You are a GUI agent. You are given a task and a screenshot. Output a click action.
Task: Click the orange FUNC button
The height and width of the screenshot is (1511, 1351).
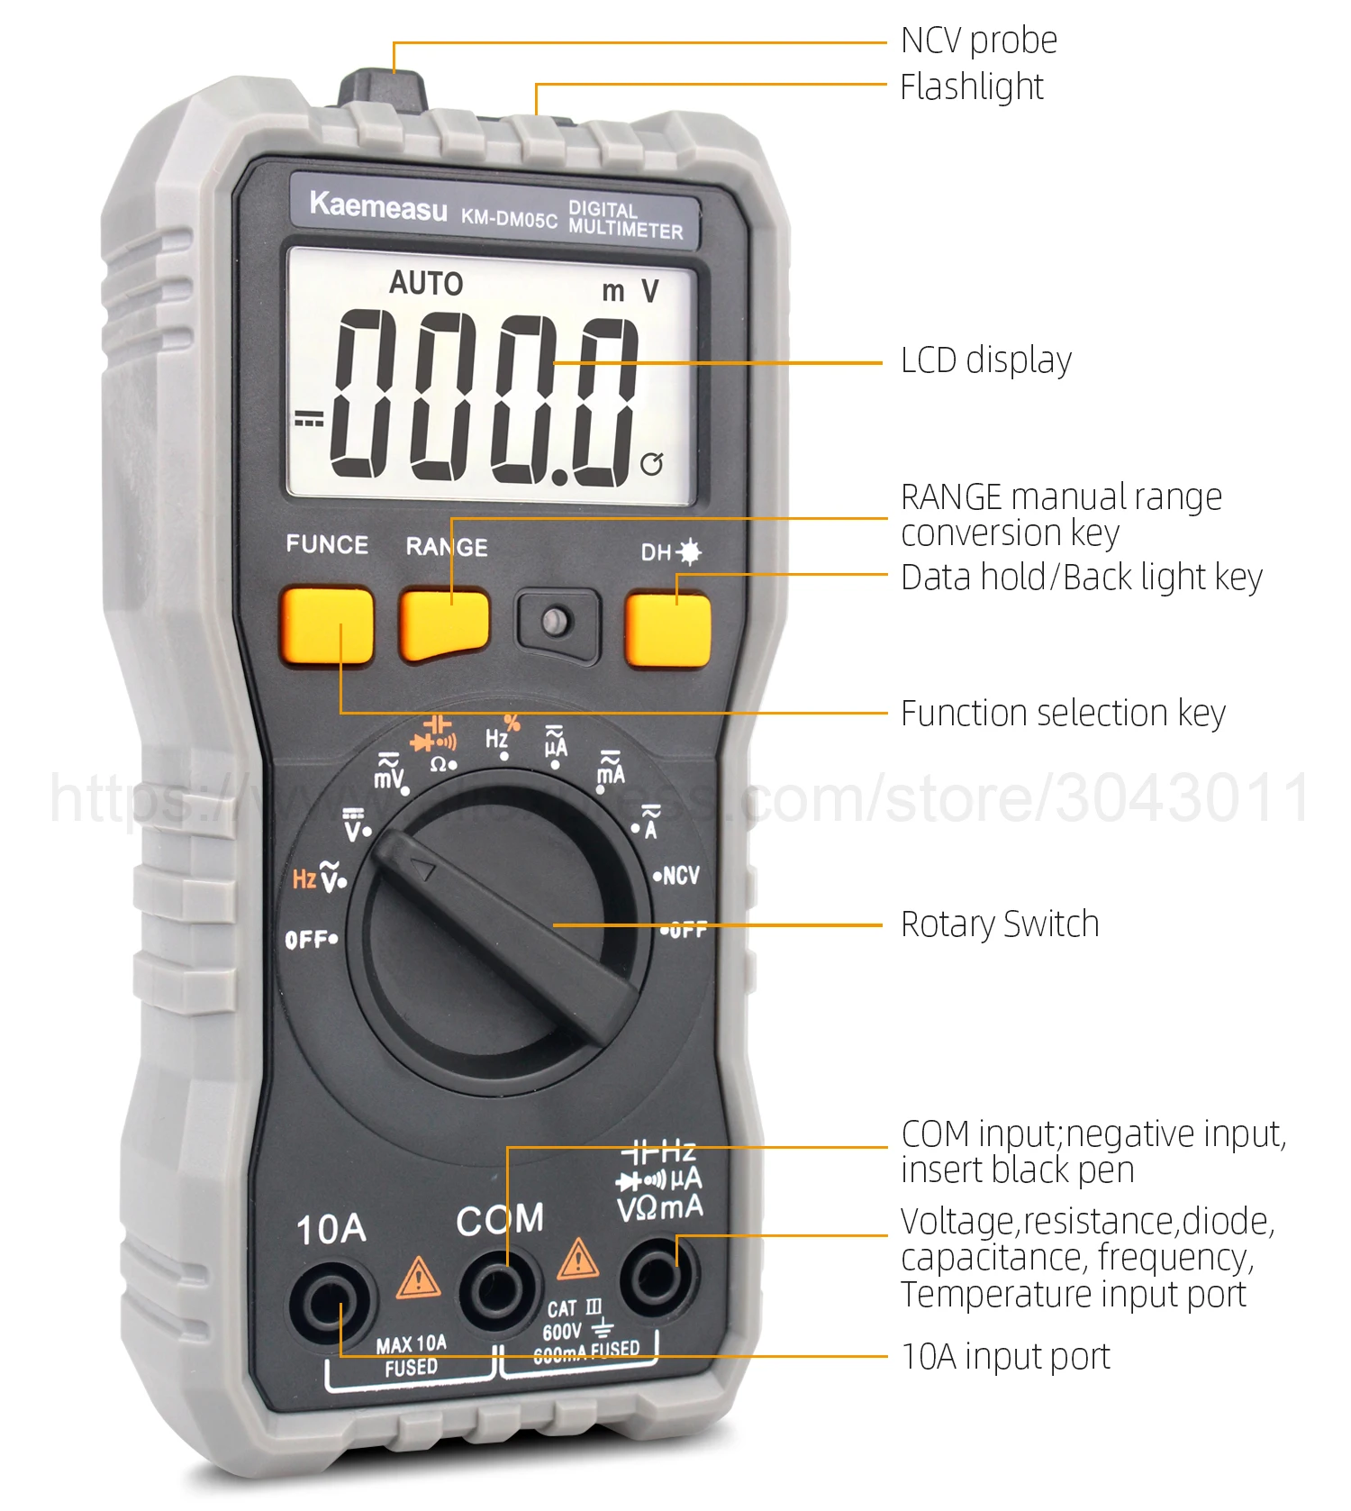(x=327, y=625)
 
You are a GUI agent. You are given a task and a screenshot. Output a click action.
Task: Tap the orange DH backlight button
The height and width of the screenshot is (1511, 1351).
(x=667, y=629)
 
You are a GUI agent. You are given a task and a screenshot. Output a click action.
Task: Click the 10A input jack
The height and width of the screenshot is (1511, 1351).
(x=331, y=1301)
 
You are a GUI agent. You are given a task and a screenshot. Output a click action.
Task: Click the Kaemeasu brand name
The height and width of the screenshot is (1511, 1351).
(x=377, y=206)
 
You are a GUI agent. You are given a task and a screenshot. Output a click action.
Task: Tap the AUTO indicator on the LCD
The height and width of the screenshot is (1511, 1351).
(x=426, y=284)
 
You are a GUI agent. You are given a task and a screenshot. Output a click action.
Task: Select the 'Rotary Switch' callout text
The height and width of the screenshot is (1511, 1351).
(x=1000, y=924)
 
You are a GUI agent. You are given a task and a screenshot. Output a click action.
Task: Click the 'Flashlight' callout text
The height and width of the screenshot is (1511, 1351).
(x=972, y=87)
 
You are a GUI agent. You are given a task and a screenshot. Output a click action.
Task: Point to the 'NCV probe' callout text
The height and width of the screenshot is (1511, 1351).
(x=979, y=41)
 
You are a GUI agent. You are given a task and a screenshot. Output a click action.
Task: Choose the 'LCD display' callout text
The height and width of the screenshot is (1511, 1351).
(x=986, y=360)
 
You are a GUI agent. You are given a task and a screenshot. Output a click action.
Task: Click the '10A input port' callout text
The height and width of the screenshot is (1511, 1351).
(x=1005, y=1356)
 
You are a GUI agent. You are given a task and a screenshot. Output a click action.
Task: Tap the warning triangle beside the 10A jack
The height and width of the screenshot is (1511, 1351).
(x=418, y=1279)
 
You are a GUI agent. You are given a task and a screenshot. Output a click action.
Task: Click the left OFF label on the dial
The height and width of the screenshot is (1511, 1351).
(x=308, y=940)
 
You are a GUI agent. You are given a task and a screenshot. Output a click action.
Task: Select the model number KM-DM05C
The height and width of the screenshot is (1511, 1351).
(x=509, y=217)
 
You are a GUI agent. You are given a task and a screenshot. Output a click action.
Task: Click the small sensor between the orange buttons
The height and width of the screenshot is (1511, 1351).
(x=556, y=621)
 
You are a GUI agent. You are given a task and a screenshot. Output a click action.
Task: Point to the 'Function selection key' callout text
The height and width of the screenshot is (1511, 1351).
(x=1063, y=714)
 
